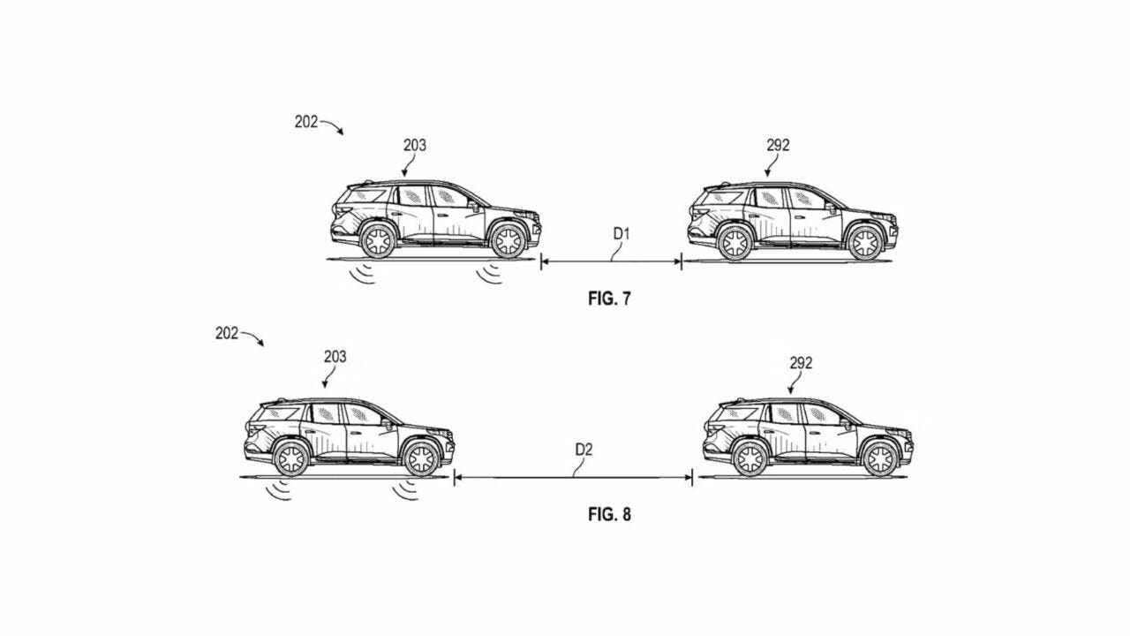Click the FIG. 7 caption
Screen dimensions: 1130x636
[609, 299]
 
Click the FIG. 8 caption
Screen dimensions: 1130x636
[609, 514]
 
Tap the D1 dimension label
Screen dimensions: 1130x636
[621, 234]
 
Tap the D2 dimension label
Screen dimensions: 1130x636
[584, 450]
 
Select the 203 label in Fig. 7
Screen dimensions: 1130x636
[415, 146]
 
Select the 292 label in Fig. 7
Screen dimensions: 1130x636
[778, 146]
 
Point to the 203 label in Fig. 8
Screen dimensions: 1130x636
[335, 357]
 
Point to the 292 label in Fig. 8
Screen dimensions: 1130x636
[801, 363]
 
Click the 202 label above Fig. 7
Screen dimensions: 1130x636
[306, 122]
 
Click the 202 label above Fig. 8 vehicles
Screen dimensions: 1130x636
[227, 333]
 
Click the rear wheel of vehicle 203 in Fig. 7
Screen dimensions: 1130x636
[379, 241]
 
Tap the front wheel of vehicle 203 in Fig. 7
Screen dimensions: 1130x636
[508, 241]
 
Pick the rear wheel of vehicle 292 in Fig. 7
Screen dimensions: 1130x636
[734, 243]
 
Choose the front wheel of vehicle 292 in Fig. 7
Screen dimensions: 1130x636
[865, 243]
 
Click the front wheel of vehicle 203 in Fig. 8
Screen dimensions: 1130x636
[421, 458]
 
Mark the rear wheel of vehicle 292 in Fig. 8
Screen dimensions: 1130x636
[750, 458]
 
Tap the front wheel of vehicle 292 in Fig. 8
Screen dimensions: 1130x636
[880, 458]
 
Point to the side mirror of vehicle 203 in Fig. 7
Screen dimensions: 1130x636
[474, 207]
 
